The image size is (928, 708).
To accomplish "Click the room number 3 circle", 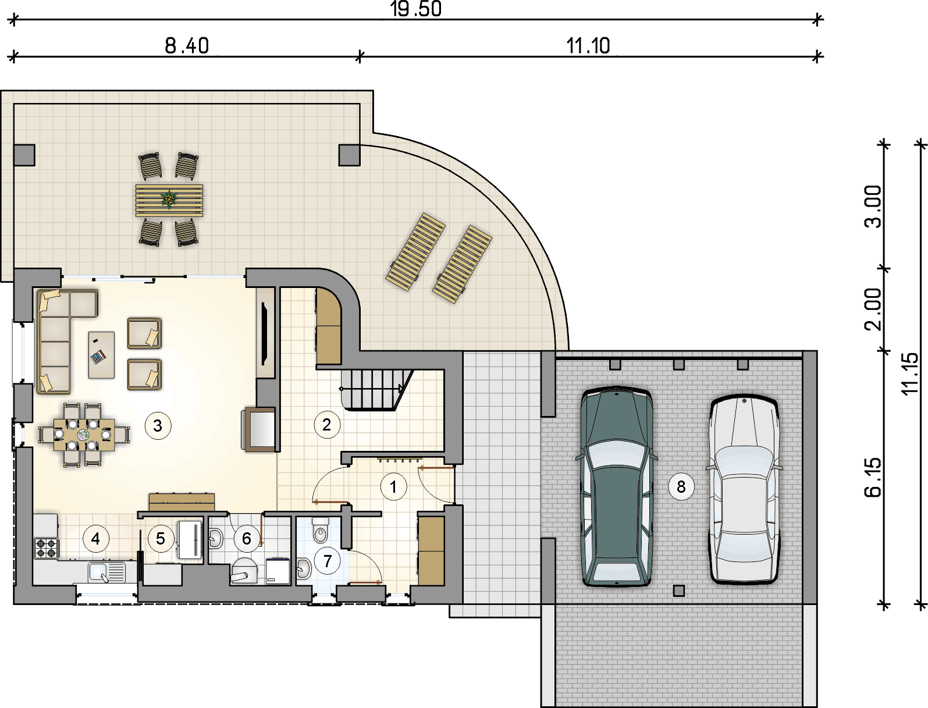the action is [x=158, y=426].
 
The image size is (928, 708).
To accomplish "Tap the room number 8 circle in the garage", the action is [x=681, y=486].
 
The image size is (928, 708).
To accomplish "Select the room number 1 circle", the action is [x=393, y=487].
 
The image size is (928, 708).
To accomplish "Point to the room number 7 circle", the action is [x=327, y=561].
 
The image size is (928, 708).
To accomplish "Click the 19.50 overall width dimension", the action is [x=415, y=9].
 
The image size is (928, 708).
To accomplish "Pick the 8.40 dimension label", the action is [x=187, y=45].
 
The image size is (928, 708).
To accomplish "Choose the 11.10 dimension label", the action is [x=588, y=45].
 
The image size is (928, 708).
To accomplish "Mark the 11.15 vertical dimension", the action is [x=911, y=373].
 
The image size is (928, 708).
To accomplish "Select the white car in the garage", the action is [x=744, y=490].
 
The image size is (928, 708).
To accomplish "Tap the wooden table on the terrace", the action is [x=169, y=200].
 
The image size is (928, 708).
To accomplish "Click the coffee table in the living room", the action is [x=101, y=355].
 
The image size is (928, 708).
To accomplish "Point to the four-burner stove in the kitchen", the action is [x=45, y=548].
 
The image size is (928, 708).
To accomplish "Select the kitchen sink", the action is [x=107, y=572].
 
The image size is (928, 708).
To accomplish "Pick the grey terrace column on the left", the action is [x=24, y=155].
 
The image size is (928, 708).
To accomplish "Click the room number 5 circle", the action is [x=160, y=539].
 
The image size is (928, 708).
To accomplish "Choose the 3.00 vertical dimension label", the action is [x=873, y=207].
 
